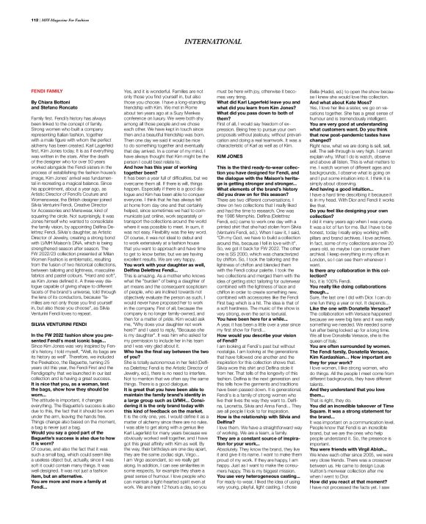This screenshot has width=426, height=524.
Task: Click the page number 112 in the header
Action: point(14,10)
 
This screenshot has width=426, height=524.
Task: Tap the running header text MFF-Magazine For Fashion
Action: point(51,10)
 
